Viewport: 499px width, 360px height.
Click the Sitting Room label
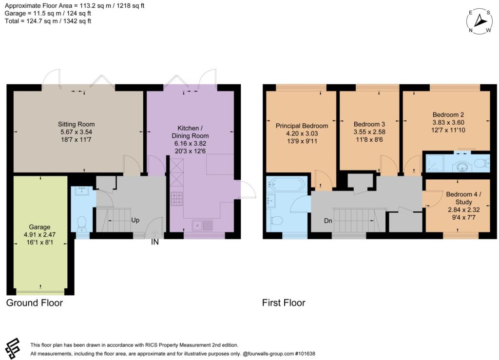click(x=76, y=124)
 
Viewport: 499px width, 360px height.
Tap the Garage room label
click(x=39, y=227)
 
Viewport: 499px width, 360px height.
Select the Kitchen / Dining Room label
click(x=190, y=132)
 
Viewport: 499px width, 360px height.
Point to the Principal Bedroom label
click(x=302, y=126)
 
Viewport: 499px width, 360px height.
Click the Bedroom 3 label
click(x=369, y=124)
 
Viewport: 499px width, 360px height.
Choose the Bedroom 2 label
click(x=448, y=115)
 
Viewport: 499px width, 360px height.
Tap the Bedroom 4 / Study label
click(x=463, y=198)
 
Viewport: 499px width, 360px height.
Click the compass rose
click(x=480, y=21)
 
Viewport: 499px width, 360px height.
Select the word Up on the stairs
click(x=135, y=220)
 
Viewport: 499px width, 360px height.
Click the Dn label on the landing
click(x=328, y=221)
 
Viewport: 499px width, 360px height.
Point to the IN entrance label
click(x=154, y=242)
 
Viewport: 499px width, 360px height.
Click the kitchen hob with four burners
click(x=177, y=198)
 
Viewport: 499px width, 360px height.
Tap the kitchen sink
click(x=202, y=225)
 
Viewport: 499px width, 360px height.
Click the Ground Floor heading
click(x=35, y=303)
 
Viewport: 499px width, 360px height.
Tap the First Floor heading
click(x=284, y=303)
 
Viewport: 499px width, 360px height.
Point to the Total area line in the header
click(x=48, y=21)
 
